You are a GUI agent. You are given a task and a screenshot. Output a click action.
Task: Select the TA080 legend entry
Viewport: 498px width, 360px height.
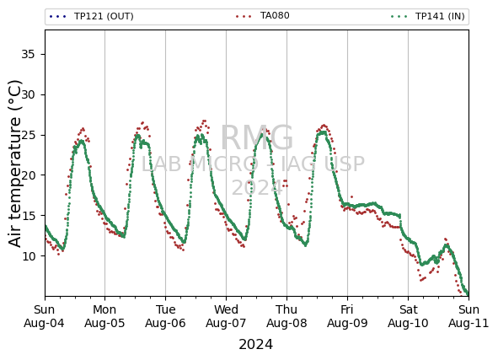(263, 15)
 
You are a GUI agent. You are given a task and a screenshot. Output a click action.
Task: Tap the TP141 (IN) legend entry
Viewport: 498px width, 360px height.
(428, 16)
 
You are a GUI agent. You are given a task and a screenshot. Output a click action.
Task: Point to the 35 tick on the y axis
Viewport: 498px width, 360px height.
(28, 54)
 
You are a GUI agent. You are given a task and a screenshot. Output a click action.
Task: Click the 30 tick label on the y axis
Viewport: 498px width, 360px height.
(28, 94)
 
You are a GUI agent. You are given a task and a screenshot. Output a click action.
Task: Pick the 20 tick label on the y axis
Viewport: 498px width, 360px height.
(28, 175)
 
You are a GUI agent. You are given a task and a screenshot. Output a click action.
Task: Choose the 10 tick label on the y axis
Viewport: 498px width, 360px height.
(28, 255)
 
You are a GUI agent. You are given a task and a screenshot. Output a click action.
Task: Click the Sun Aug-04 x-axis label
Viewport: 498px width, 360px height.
(44, 316)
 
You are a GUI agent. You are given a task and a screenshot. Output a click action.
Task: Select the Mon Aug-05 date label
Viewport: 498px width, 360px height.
(104, 316)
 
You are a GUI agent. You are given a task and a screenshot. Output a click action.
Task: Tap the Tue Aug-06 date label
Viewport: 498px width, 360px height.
(165, 316)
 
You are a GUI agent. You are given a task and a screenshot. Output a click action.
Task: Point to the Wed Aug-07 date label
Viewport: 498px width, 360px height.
(226, 316)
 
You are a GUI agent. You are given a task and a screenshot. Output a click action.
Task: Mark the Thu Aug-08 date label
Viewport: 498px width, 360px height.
(286, 316)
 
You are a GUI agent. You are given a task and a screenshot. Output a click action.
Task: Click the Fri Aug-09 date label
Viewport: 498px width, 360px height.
(347, 316)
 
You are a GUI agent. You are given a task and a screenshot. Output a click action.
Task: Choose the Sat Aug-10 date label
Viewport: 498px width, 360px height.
(408, 316)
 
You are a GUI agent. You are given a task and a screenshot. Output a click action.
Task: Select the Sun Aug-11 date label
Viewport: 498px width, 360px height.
(469, 316)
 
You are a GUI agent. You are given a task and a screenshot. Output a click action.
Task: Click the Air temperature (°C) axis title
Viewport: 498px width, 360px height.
(14, 164)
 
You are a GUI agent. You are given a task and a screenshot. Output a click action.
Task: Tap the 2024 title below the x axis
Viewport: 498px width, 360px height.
(255, 345)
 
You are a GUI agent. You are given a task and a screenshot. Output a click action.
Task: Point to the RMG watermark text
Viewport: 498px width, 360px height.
(257, 137)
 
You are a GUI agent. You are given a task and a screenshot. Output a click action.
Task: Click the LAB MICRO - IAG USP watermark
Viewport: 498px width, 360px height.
(253, 164)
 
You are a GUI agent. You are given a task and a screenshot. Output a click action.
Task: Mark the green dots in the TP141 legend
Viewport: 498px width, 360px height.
(399, 16)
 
